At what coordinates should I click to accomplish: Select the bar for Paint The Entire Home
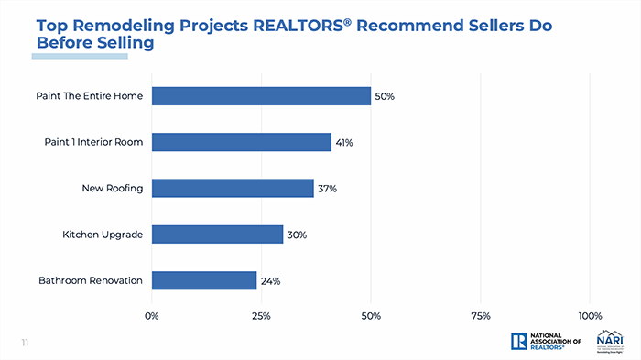click(x=261, y=96)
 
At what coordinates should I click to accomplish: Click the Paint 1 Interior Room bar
click(x=241, y=142)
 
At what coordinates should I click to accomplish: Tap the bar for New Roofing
click(x=233, y=188)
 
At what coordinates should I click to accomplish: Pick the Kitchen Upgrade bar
click(x=217, y=235)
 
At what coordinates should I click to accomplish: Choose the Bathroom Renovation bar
click(x=203, y=280)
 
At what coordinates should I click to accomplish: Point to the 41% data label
click(x=344, y=143)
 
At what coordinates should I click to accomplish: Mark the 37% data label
click(x=328, y=189)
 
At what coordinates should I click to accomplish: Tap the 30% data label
click(x=296, y=235)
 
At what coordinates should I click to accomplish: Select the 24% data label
click(x=270, y=281)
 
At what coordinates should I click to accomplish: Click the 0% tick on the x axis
click(x=152, y=316)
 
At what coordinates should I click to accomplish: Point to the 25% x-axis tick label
click(x=261, y=316)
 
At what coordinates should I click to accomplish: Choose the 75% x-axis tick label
click(x=480, y=316)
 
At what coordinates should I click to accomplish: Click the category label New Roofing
click(x=113, y=189)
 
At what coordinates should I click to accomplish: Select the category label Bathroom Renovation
click(x=91, y=280)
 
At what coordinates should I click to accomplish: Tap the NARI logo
click(x=609, y=340)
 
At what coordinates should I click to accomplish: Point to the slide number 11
click(x=26, y=343)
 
